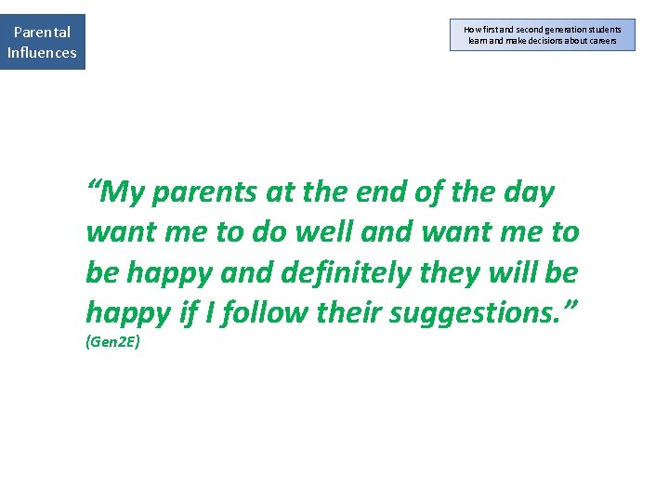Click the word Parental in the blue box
pyautogui.click(x=42, y=32)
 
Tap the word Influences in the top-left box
pyautogui.click(x=42, y=52)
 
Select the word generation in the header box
pyautogui.click(x=555, y=30)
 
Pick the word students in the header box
pyautogui.click(x=602, y=30)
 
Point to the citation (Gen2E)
pyautogui.click(x=112, y=342)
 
